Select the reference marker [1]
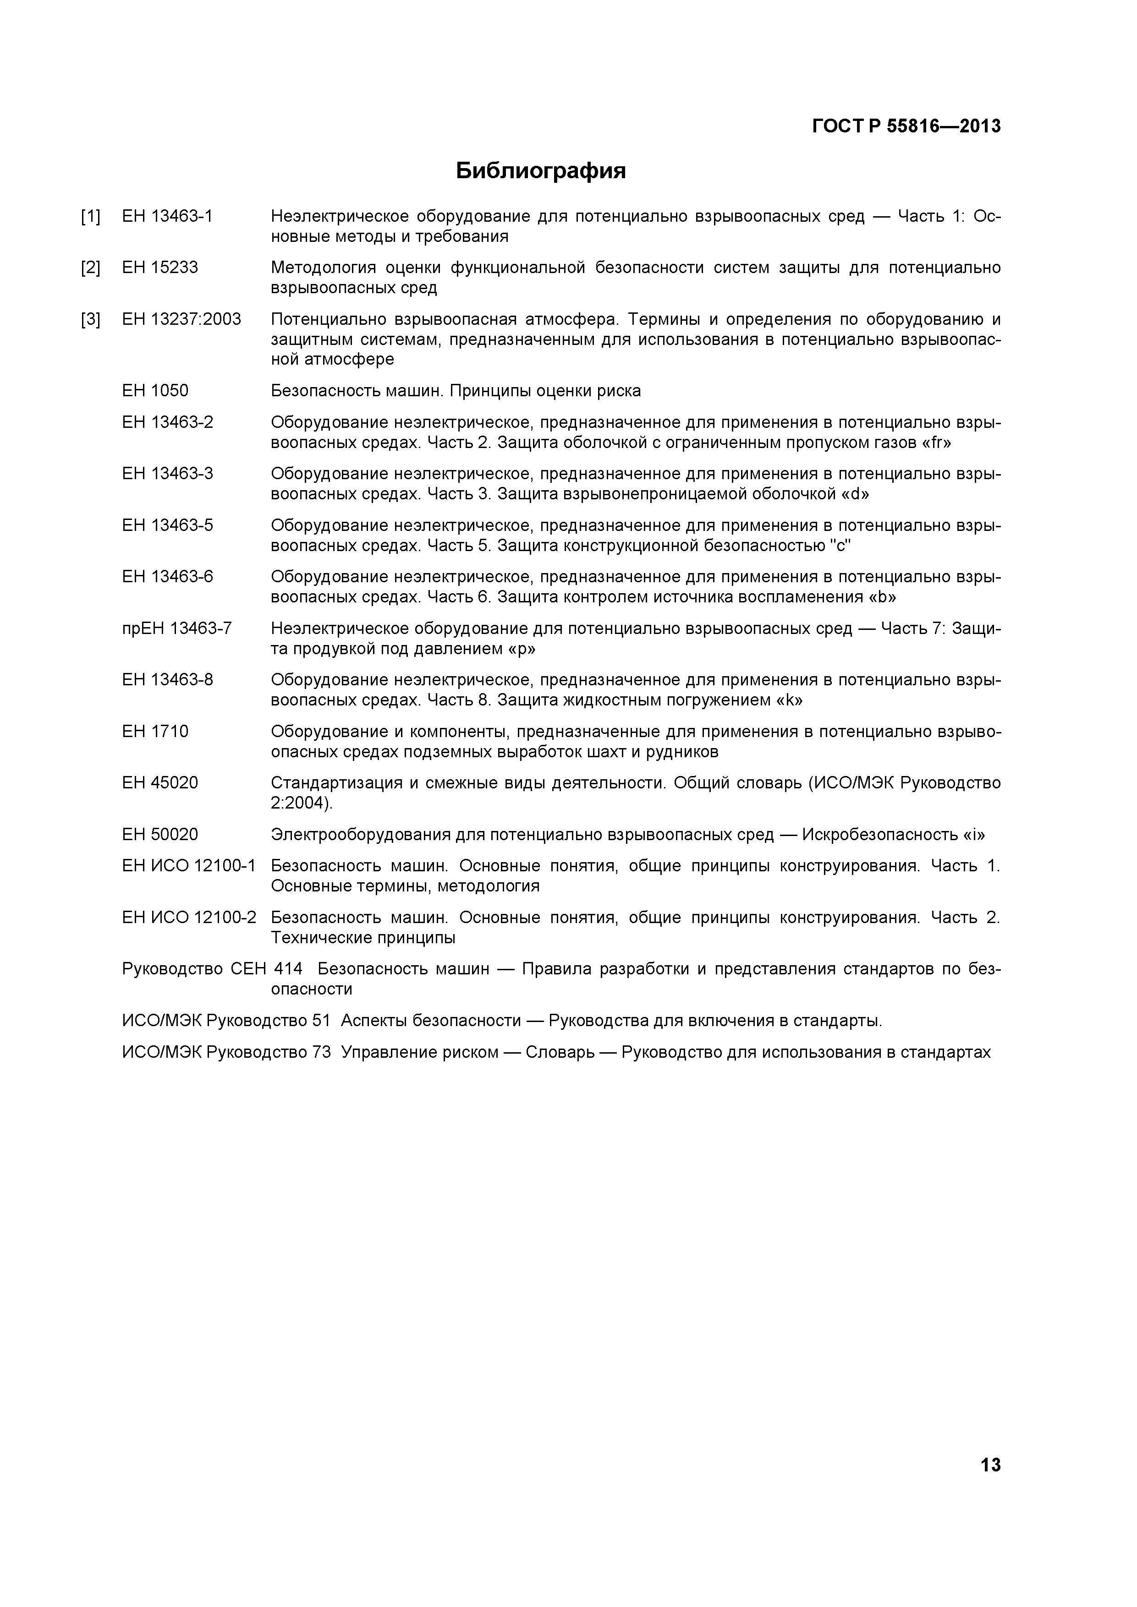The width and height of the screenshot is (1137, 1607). [90, 217]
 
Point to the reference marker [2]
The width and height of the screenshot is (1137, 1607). [90, 268]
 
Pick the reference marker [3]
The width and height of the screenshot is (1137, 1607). [90, 320]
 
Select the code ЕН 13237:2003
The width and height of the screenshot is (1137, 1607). [181, 320]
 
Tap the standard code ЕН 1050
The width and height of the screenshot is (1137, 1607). [155, 391]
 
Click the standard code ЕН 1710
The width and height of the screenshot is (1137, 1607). [155, 732]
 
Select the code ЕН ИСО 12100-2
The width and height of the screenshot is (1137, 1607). [189, 918]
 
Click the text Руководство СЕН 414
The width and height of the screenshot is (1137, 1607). [212, 969]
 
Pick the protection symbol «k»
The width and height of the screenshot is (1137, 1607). [788, 700]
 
